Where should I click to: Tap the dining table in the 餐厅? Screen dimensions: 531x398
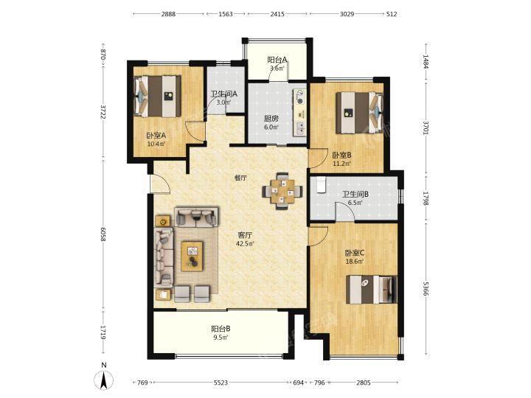point(282,191)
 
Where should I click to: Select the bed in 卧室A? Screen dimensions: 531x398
point(157,96)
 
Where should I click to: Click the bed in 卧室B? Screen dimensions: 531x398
point(360,113)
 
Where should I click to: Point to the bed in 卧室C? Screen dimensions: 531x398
point(371,290)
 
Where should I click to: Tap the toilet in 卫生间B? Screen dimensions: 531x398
point(321,185)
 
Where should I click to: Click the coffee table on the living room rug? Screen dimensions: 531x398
point(192,256)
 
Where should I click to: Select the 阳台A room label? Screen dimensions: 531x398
point(277,60)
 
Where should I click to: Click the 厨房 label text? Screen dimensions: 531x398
point(271,119)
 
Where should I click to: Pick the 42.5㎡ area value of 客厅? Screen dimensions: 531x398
point(245,242)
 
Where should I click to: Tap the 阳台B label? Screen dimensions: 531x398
point(221,329)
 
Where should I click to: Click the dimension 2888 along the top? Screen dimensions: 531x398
point(168,14)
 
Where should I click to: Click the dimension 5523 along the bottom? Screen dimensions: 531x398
point(221,383)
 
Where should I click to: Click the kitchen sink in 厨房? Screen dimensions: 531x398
point(300,128)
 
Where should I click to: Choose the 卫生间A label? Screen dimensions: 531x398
point(224,94)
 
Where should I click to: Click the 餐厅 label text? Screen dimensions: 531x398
point(240,178)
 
